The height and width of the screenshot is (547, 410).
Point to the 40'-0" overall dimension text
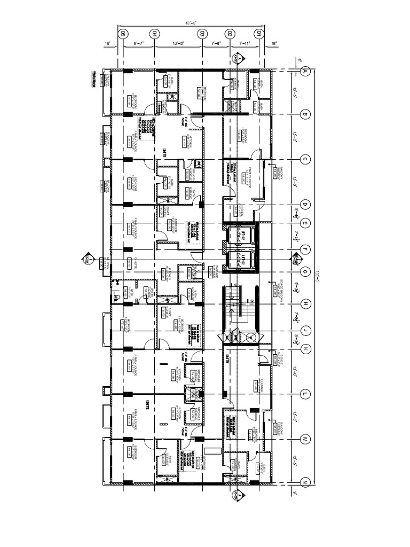coord(191,23)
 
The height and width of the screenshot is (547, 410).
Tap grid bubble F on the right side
coord(305,249)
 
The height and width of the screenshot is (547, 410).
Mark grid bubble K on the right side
coord(305,349)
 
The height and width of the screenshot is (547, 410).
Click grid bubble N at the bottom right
coord(305,483)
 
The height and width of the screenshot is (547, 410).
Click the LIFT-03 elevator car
coord(239,261)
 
